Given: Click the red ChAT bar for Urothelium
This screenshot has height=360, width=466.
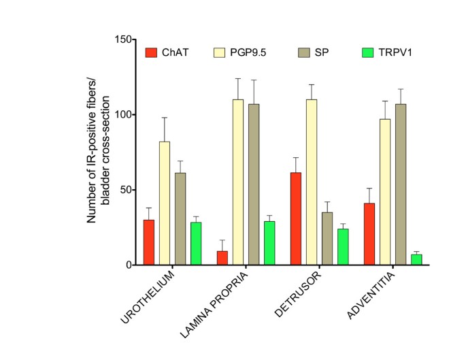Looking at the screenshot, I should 148,242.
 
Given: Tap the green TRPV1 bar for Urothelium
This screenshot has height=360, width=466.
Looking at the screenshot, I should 196,243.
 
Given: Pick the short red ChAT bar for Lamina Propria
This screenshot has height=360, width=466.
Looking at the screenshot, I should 222,258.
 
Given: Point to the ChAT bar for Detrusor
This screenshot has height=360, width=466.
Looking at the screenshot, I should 296,218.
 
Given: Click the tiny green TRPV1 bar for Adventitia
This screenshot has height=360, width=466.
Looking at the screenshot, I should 416,259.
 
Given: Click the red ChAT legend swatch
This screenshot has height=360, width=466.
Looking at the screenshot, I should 151,52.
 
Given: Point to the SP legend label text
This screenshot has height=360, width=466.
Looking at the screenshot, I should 324,52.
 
